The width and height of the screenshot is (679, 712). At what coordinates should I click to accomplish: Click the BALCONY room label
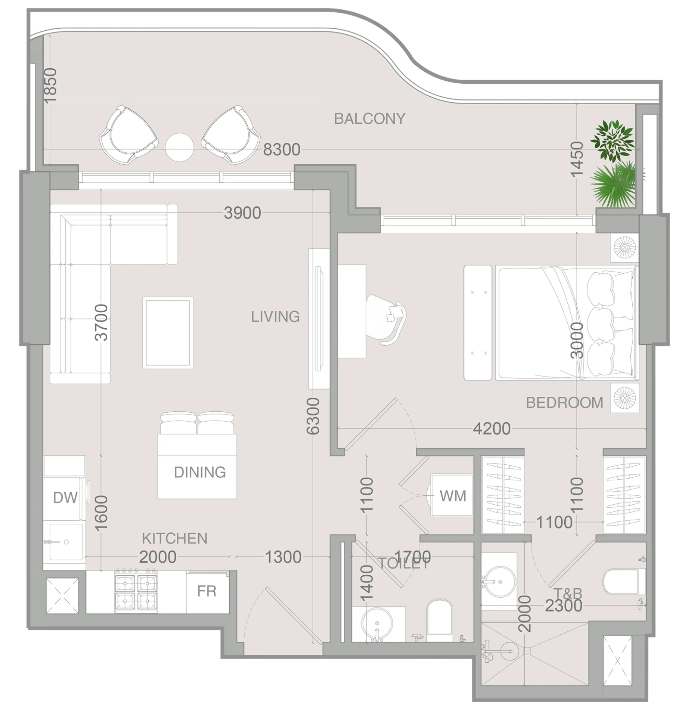369,119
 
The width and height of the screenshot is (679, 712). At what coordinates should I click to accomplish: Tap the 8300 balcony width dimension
282,150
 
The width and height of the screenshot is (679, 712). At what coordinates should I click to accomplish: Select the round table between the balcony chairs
180,147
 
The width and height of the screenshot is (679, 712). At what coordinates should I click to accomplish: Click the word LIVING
275,317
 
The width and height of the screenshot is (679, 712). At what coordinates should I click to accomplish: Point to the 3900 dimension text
242,213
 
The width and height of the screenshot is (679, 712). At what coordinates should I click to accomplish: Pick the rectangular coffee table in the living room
168,333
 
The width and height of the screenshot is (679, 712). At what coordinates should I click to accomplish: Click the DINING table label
200,473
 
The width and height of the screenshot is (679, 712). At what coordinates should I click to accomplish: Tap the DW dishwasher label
65,498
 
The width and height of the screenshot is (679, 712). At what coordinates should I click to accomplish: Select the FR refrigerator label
207,591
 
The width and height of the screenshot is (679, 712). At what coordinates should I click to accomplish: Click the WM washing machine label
453,496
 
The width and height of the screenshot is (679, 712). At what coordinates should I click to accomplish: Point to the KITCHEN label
174,538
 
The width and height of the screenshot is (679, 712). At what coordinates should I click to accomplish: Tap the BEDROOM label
564,403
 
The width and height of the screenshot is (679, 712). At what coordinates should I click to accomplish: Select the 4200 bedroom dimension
492,429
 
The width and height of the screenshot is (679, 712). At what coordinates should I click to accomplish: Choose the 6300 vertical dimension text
313,416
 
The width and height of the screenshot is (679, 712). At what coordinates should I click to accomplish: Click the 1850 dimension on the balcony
50,85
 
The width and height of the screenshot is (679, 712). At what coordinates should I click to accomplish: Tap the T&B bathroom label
568,593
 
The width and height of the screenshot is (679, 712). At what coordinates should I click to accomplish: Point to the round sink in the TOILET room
377,624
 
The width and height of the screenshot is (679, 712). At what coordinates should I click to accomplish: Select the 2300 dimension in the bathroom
564,606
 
